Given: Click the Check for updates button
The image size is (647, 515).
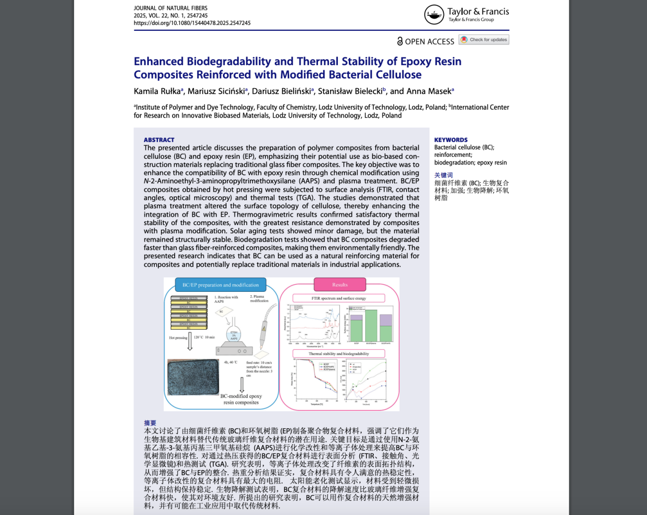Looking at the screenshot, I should coord(484,39).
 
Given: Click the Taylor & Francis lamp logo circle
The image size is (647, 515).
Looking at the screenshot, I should coord(433,14).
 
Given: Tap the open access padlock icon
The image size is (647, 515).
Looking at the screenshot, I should coord(400,41).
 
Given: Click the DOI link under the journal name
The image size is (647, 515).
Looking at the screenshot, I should coord(192,23).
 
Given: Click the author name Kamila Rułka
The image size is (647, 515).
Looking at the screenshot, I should coord(158,91).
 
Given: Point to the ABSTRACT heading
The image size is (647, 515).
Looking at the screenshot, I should coord(159,140).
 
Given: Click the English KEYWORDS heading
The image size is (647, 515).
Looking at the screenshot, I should coord(450,140).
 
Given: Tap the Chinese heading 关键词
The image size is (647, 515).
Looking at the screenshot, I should coord(443,175).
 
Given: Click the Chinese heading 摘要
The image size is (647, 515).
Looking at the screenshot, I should coord(150,423).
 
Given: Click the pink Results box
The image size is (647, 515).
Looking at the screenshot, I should coord(340,285).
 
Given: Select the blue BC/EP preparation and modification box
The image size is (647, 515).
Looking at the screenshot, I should coord(220,285).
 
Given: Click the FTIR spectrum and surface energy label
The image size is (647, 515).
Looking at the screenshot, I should coord(338,298).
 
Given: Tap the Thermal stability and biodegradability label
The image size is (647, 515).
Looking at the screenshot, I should coord(338,354).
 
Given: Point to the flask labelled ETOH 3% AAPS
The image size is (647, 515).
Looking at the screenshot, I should coord(234,334).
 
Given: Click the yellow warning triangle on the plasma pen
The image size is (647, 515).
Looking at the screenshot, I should coord(264,329).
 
